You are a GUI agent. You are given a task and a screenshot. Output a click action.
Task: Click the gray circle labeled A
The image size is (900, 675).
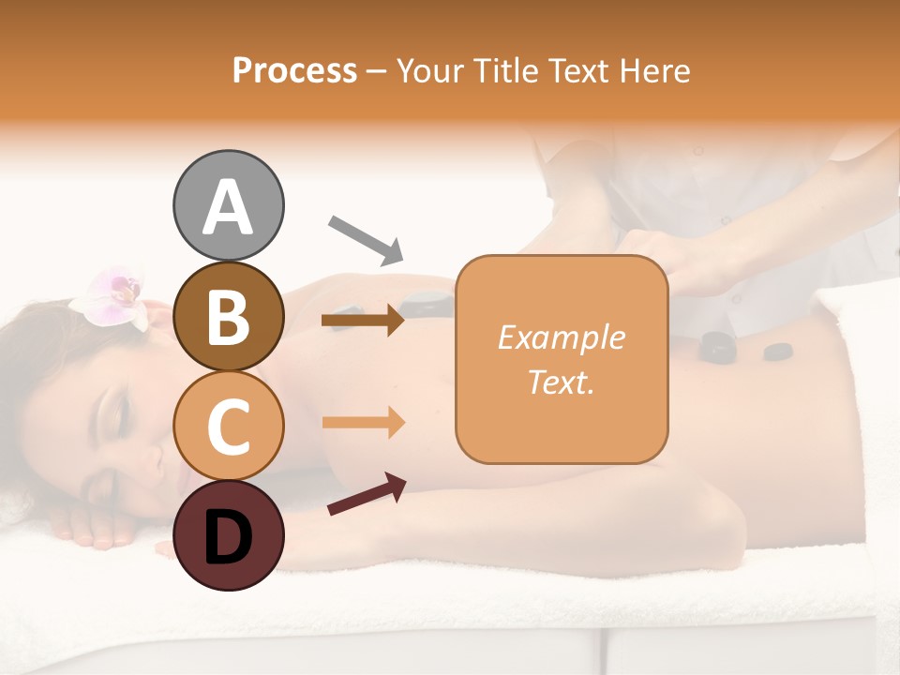pos(228,205)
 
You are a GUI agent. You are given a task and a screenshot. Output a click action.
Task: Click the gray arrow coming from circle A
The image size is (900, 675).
pos(366,238)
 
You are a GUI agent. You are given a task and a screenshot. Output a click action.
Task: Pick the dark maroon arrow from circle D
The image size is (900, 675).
pos(367,494)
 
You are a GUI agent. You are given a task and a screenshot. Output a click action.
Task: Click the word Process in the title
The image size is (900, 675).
pos(294,70)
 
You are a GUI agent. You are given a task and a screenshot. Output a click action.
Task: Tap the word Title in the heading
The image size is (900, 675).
pos(506,70)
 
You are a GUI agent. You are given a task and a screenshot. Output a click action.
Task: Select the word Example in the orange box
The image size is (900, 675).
pos(561,337)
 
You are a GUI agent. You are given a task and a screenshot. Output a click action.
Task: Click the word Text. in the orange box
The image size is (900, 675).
pos(561,382)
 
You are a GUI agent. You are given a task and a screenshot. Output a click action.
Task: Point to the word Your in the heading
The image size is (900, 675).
pos(427,70)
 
